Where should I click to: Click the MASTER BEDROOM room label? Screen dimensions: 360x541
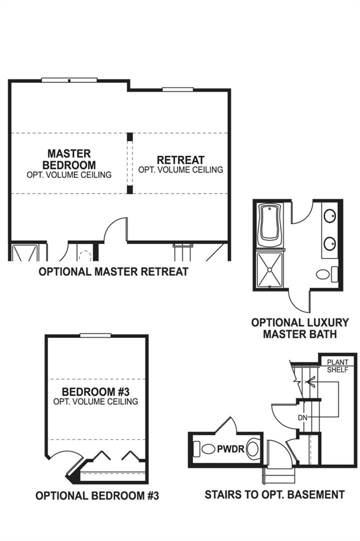[69, 159]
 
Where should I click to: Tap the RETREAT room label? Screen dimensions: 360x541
[181, 160]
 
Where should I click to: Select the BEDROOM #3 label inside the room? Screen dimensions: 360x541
[96, 392]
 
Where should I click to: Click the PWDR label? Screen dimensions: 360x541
[231, 449]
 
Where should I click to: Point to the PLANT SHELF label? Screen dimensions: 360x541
[338, 366]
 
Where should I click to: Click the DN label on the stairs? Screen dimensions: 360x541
[302, 418]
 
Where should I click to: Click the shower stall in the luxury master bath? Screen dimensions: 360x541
[270, 269]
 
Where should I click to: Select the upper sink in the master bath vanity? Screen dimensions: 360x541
[330, 216]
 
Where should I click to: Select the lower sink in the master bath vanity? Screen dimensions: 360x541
[330, 243]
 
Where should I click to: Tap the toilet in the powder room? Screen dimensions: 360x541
[204, 449]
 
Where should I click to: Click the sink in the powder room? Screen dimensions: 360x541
[253, 448]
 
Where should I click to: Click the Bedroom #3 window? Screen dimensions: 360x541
[96, 335]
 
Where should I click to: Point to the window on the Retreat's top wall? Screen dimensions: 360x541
[177, 90]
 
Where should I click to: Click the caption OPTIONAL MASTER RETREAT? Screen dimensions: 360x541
[114, 272]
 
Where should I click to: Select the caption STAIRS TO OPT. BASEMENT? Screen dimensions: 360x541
[275, 495]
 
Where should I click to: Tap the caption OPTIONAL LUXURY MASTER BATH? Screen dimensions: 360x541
[300, 328]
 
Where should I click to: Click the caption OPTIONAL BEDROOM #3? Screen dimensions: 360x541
[97, 495]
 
